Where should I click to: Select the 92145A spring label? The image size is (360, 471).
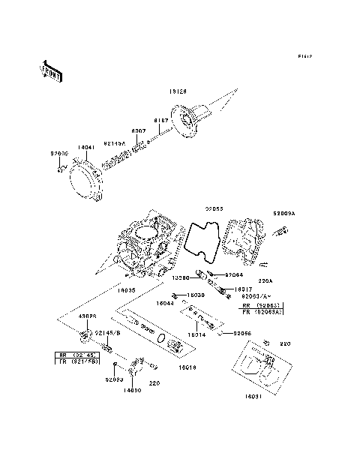pos(114,142)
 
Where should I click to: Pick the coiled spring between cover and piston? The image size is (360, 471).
pos(120,158)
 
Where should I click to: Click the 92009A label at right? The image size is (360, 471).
pos(284,212)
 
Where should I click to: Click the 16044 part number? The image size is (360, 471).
pos(165,303)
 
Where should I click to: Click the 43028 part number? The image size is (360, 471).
pos(88,317)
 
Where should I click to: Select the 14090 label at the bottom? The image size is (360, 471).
pos(132,390)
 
